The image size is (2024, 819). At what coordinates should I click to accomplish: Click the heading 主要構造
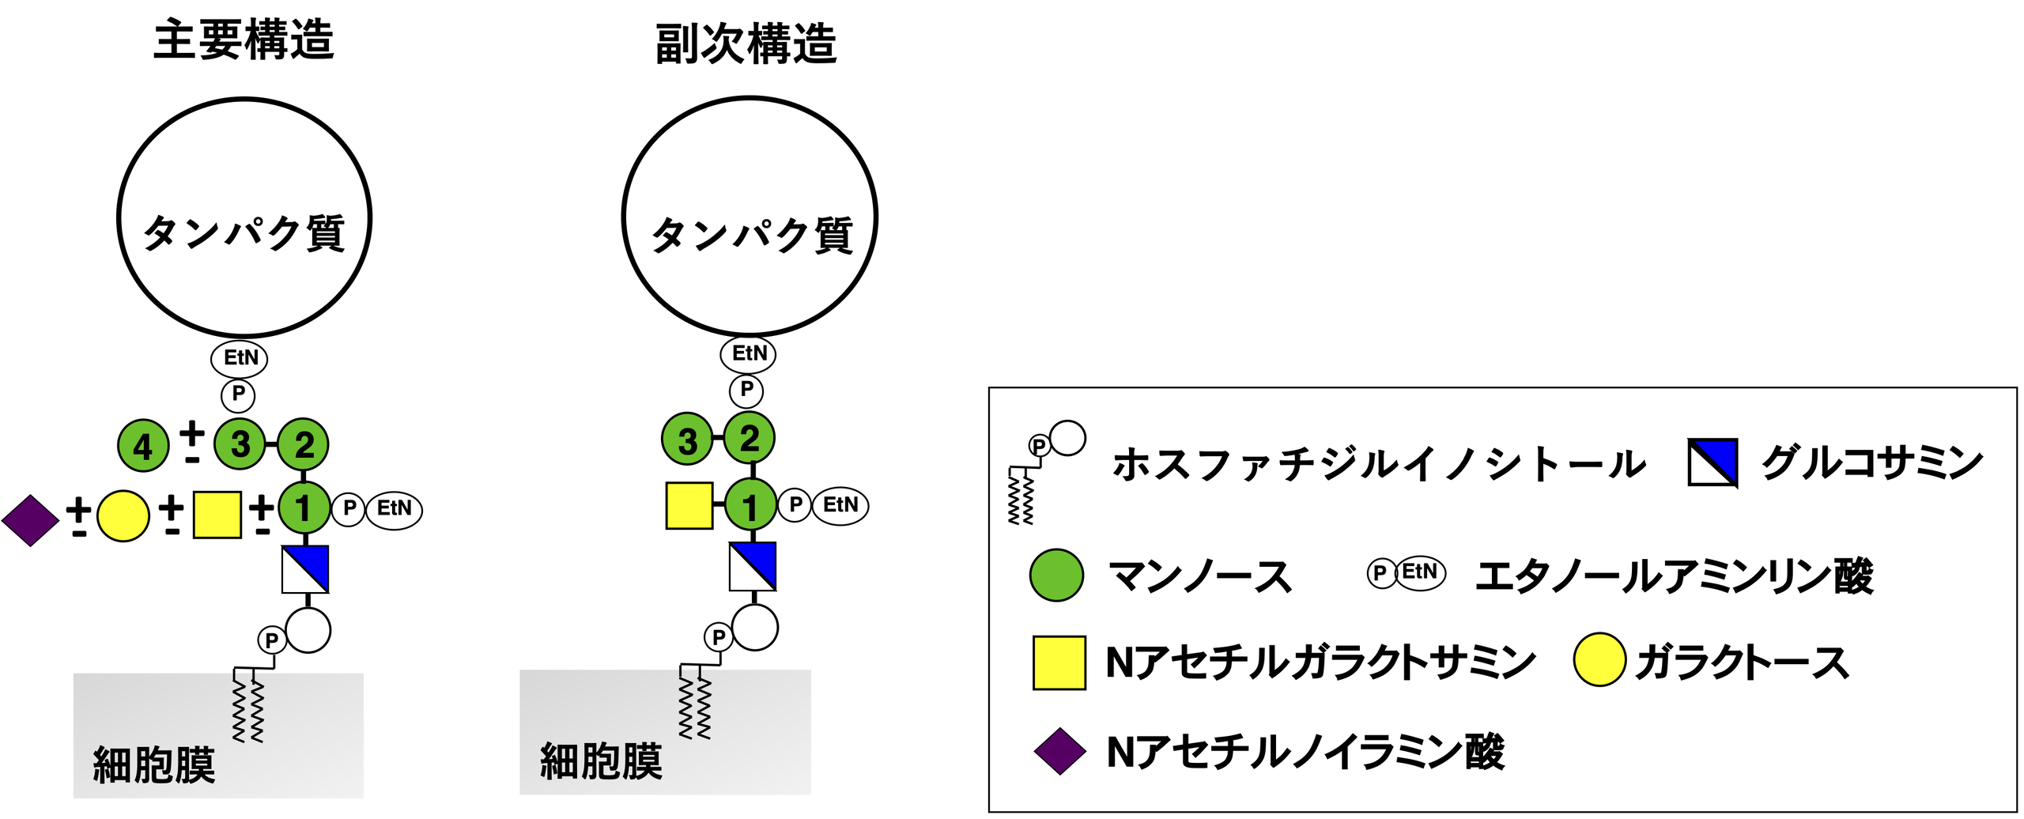(244, 40)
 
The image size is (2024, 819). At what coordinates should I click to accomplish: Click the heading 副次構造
(746, 43)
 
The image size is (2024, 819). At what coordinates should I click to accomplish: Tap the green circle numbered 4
(143, 446)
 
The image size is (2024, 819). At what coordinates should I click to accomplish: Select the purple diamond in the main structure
(30, 520)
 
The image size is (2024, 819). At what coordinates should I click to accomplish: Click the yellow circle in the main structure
(123, 515)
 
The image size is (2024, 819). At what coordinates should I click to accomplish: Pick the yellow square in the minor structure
(689, 505)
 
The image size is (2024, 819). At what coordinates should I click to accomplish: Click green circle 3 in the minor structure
(687, 439)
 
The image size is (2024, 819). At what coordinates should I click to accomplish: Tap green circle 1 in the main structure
(304, 508)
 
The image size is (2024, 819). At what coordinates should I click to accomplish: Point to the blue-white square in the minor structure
(752, 566)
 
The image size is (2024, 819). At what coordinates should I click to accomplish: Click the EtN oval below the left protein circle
(240, 358)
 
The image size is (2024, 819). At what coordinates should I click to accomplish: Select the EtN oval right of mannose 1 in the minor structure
(840, 505)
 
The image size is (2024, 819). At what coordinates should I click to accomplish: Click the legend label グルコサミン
(1871, 462)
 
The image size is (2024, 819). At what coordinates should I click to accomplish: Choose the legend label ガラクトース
(1742, 662)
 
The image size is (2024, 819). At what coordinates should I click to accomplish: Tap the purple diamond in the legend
(1059, 751)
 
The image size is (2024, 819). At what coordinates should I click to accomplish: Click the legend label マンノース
(1199, 576)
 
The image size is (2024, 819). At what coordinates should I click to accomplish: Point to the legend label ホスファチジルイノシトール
(1379, 464)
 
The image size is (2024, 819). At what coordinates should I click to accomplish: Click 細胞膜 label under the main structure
(154, 764)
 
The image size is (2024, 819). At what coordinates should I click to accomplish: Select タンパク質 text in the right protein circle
(751, 235)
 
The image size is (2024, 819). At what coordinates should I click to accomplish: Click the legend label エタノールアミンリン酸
(1674, 576)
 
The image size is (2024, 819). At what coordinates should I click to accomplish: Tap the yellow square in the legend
(1059, 662)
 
